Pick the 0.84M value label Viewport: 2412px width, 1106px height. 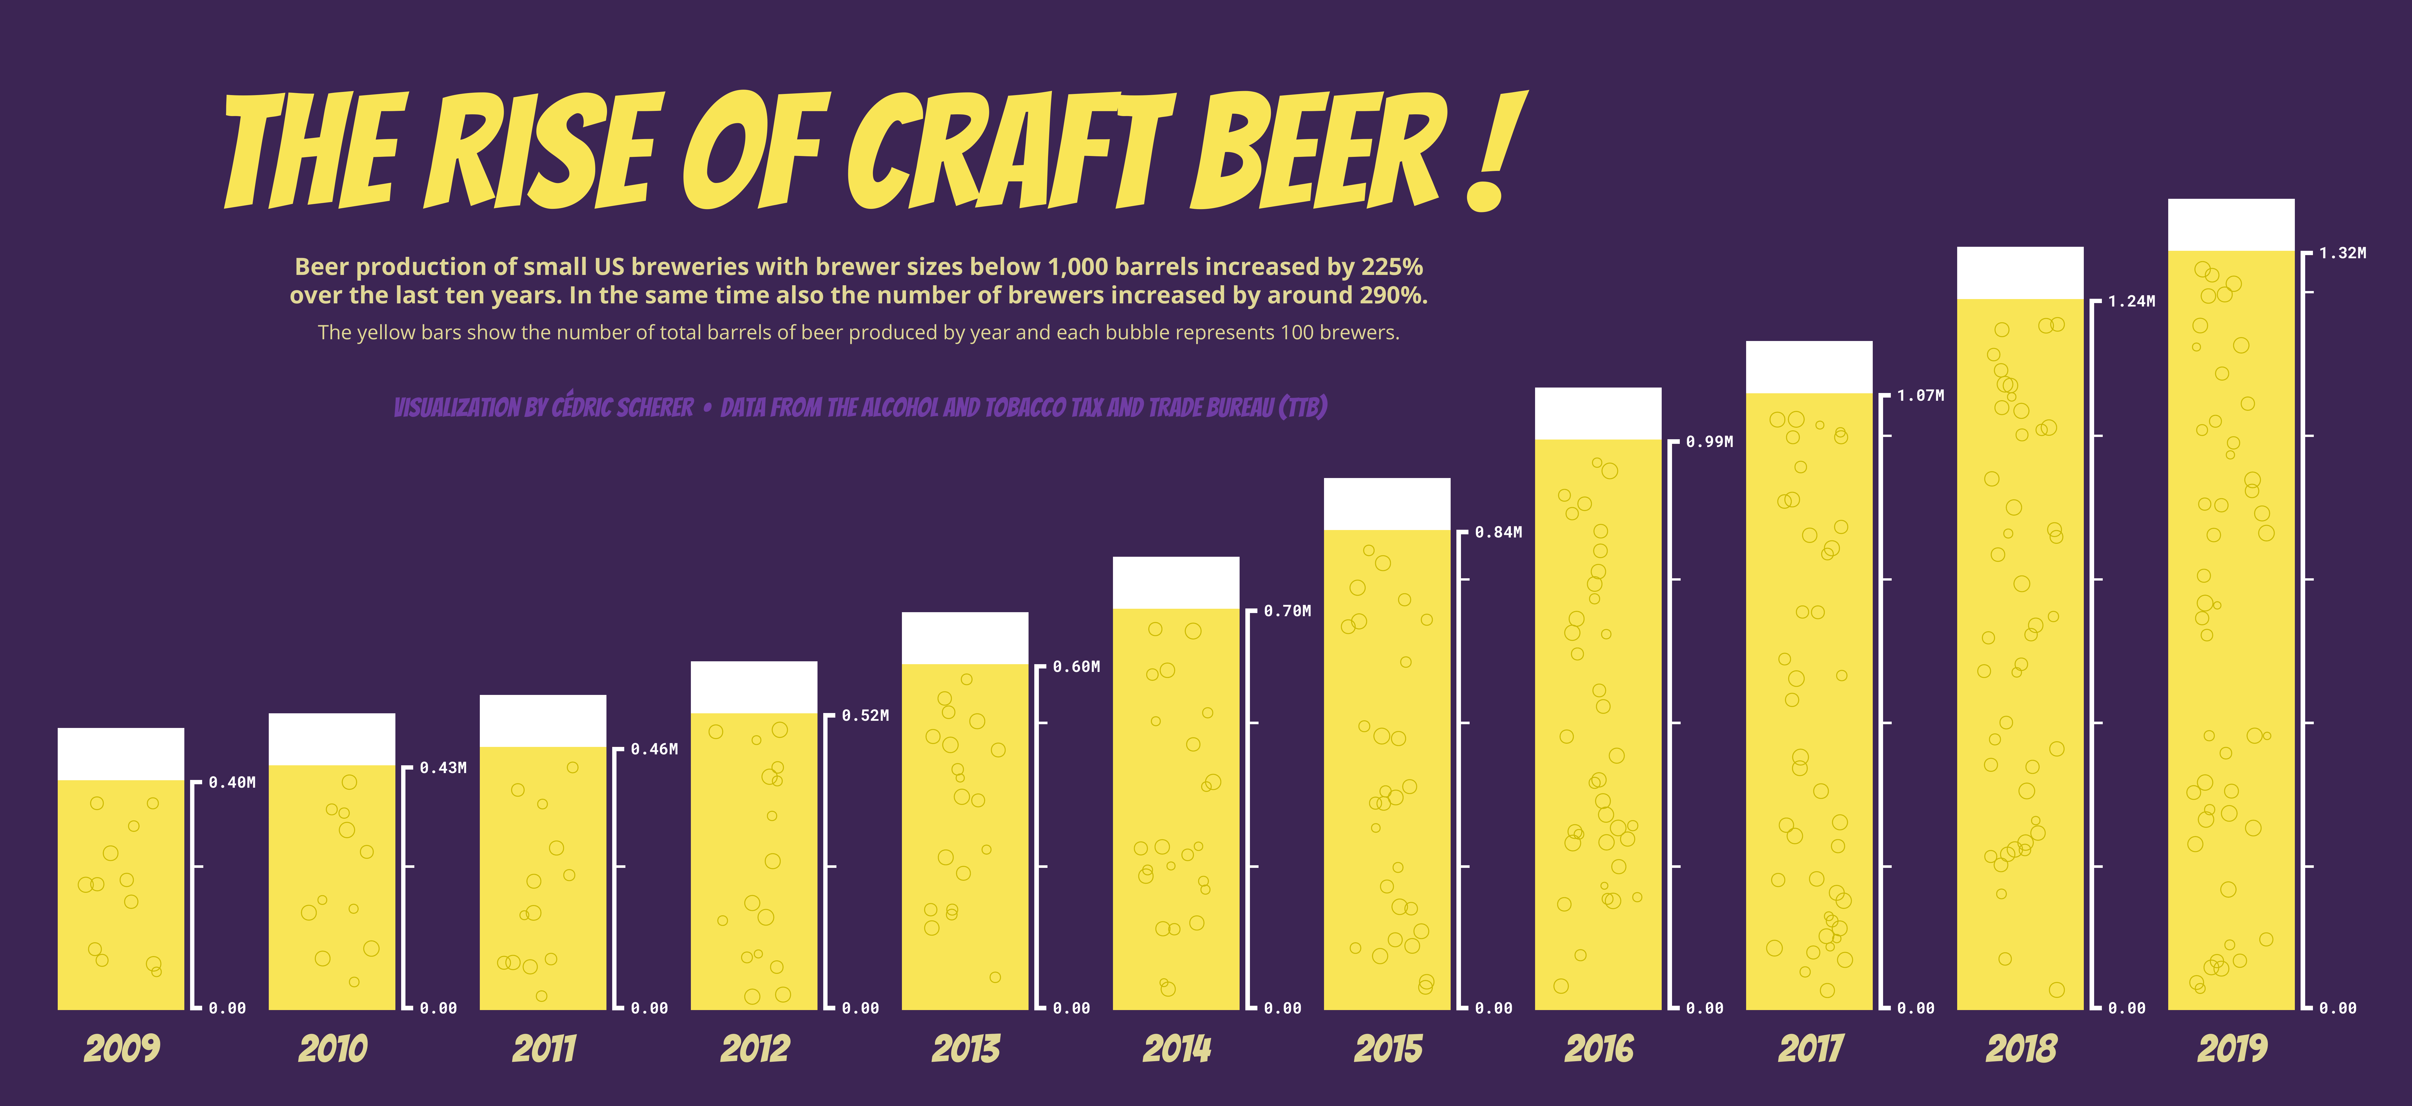click(1498, 532)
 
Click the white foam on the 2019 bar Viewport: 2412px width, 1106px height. click(2231, 225)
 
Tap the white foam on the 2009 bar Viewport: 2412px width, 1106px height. click(121, 754)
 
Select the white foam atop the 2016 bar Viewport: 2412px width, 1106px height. click(1598, 413)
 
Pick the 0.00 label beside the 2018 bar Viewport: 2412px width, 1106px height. click(2126, 1009)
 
